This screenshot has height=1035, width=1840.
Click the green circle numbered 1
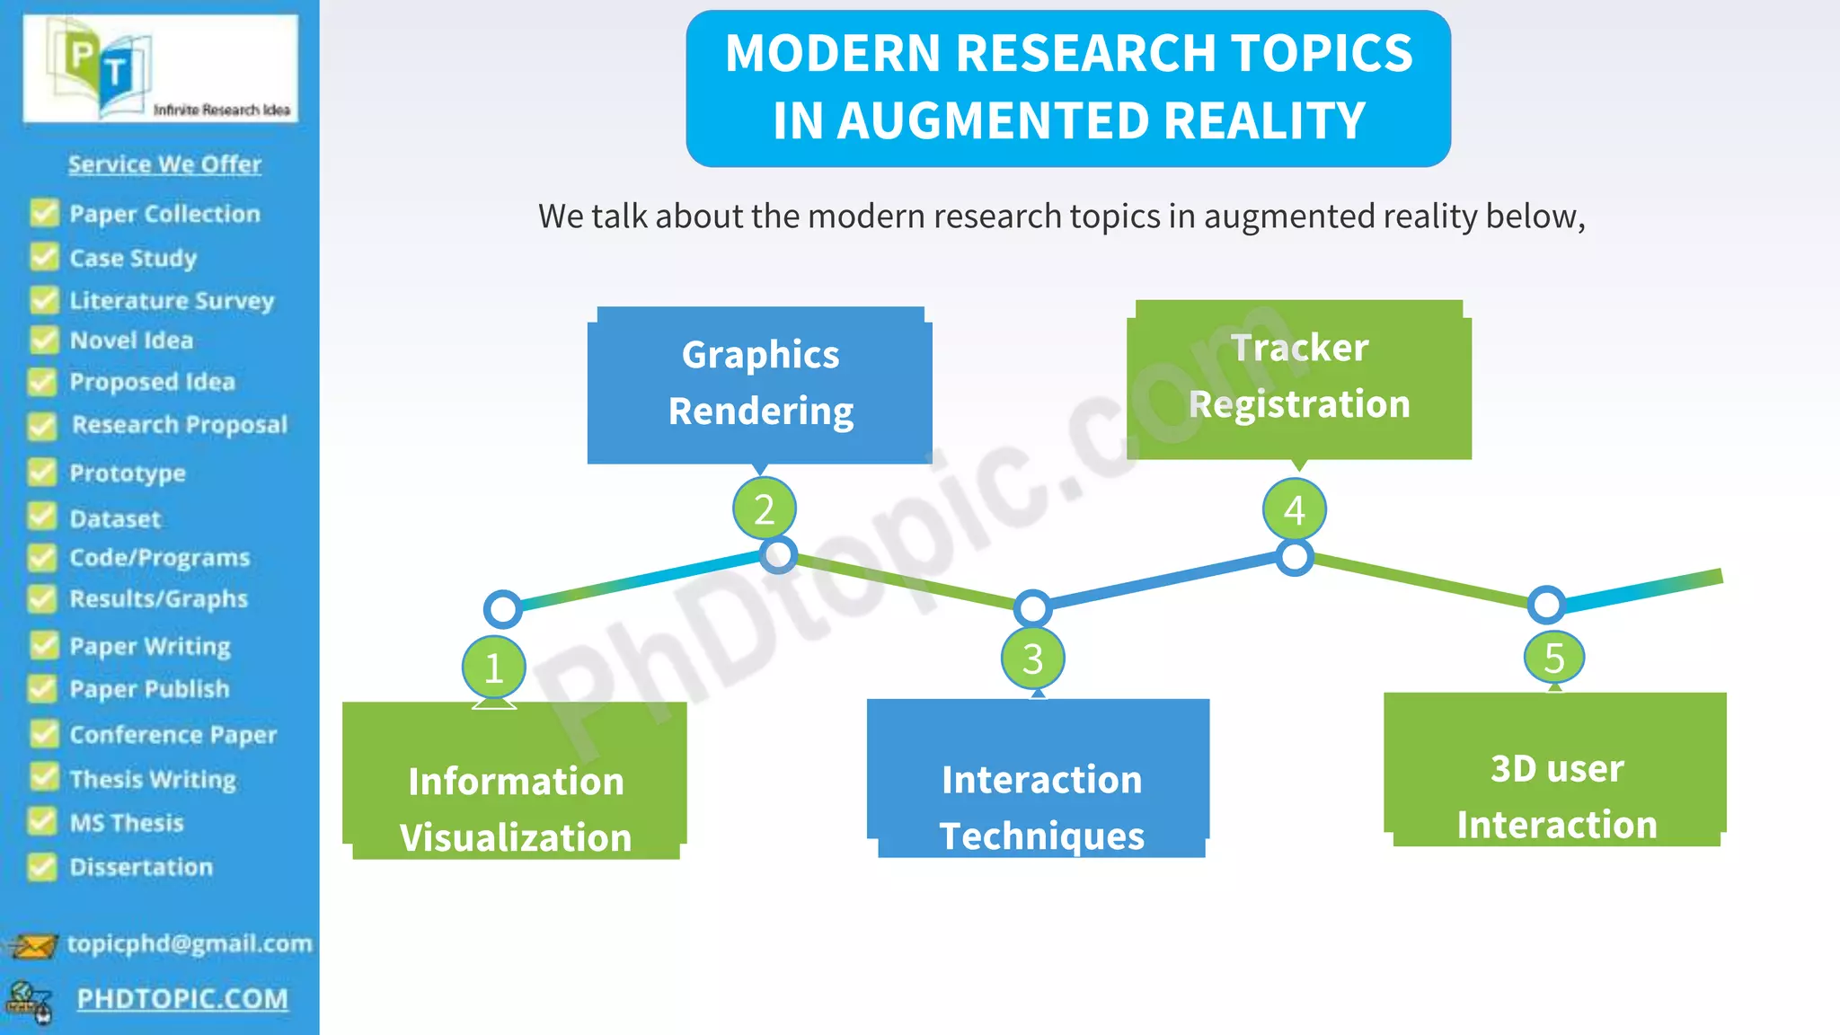493,668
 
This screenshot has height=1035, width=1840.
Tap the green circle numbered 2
764,509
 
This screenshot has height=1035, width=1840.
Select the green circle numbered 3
1032,659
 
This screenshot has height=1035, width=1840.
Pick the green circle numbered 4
1294,510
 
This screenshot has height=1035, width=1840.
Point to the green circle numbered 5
1554,658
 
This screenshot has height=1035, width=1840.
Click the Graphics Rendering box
760,385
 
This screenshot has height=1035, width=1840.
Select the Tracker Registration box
1299,379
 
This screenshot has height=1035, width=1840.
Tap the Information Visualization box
515,782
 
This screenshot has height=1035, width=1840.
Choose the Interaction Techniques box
1039,779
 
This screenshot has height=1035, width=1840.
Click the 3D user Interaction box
1555,771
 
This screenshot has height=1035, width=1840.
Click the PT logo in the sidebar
100,66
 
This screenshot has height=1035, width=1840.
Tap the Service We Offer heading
164,164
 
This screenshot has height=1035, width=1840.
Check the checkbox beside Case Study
44,258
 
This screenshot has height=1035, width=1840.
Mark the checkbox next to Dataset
42,517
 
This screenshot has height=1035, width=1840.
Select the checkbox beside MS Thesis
42,821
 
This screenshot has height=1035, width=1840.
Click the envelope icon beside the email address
33,945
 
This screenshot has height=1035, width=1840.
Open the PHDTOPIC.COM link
182,998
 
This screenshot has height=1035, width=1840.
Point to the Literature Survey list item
172,300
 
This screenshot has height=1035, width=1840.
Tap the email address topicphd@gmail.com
190,943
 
